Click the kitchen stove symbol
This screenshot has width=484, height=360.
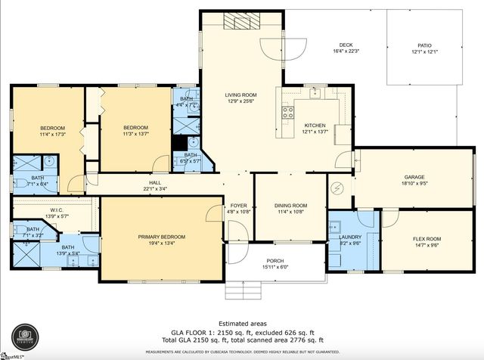[288, 113]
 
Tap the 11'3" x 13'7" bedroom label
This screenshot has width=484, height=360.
[135, 131]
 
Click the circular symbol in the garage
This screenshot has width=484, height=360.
[340, 187]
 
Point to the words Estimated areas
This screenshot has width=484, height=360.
[242, 324]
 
